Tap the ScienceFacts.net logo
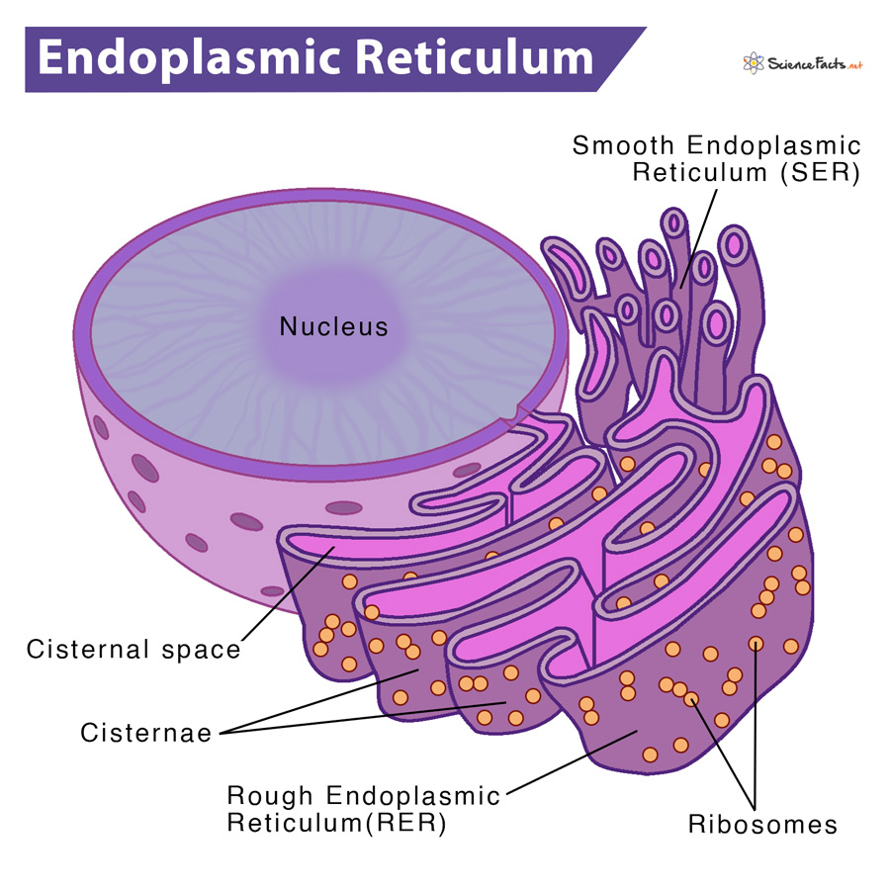tap(802, 65)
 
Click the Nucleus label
tap(334, 326)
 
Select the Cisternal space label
tap(133, 650)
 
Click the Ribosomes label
tap(763, 824)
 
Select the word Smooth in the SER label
tap(619, 146)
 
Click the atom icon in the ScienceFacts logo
tap(753, 65)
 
